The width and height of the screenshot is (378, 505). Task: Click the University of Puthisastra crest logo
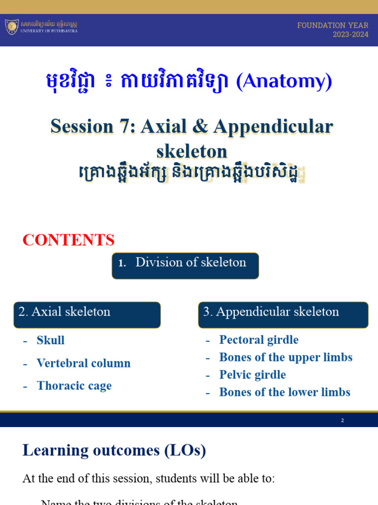click(x=12, y=27)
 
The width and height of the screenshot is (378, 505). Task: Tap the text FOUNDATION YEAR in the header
click(x=333, y=25)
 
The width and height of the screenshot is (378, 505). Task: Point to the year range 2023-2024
click(x=350, y=35)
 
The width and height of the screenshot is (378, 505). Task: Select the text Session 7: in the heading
click(x=93, y=127)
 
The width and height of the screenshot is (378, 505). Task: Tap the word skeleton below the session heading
click(x=192, y=151)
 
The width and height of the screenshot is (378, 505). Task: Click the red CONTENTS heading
click(x=68, y=240)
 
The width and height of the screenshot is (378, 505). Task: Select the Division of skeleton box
click(x=185, y=266)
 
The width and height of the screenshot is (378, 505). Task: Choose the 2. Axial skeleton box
click(x=87, y=315)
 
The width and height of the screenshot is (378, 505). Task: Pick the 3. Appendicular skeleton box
click(x=283, y=315)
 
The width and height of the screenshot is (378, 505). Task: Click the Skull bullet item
click(x=51, y=340)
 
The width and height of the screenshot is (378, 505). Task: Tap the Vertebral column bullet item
click(x=84, y=363)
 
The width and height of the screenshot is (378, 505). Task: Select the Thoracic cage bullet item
click(x=74, y=386)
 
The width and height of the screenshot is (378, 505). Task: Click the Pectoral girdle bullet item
click(x=259, y=340)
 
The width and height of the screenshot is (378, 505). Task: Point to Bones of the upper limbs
click(x=285, y=357)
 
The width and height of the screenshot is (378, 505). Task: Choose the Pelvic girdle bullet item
click(x=252, y=375)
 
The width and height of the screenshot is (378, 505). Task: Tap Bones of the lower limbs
click(x=284, y=392)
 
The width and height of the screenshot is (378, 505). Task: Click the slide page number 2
click(x=342, y=421)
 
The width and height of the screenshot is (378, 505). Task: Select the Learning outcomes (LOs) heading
click(x=114, y=450)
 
